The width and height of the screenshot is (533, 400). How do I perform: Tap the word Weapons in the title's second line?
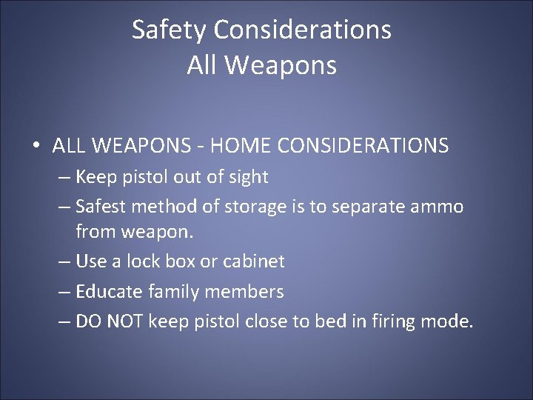(283, 65)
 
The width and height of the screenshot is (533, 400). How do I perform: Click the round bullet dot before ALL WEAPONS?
(36, 146)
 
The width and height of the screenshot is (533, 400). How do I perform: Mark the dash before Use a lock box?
(64, 261)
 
